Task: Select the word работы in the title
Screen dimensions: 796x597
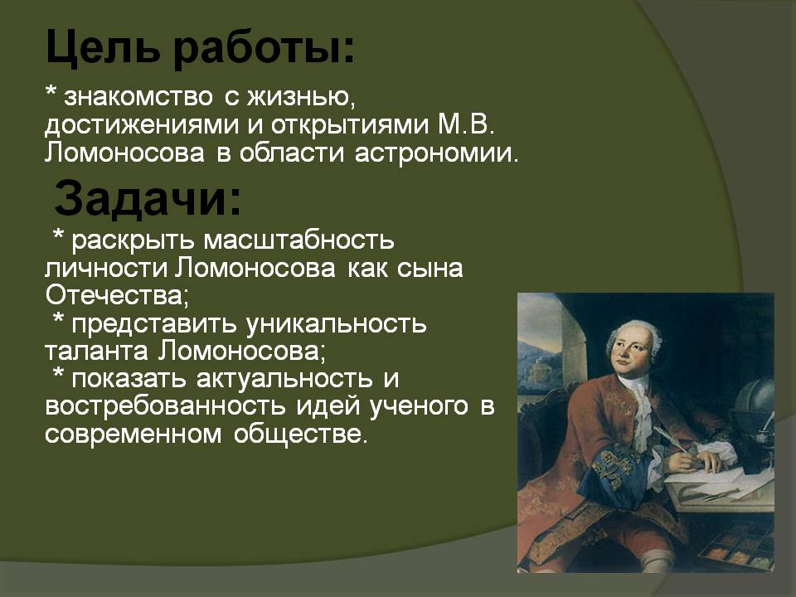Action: point(263,49)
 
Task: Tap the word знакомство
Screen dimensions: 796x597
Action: point(138,96)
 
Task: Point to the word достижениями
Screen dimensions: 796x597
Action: point(142,125)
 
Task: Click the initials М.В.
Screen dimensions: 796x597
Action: point(465,124)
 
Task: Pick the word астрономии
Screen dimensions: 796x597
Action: point(437,153)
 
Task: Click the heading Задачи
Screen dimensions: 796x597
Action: point(148,198)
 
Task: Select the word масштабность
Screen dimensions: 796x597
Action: point(299,240)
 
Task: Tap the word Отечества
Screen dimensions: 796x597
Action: point(117,295)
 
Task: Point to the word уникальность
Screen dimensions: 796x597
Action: point(336,324)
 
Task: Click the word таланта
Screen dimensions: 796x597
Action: point(96,351)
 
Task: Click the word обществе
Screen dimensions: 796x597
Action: point(299,434)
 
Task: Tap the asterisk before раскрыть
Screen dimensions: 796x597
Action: point(59,236)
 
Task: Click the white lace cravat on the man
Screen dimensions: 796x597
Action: point(641,406)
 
